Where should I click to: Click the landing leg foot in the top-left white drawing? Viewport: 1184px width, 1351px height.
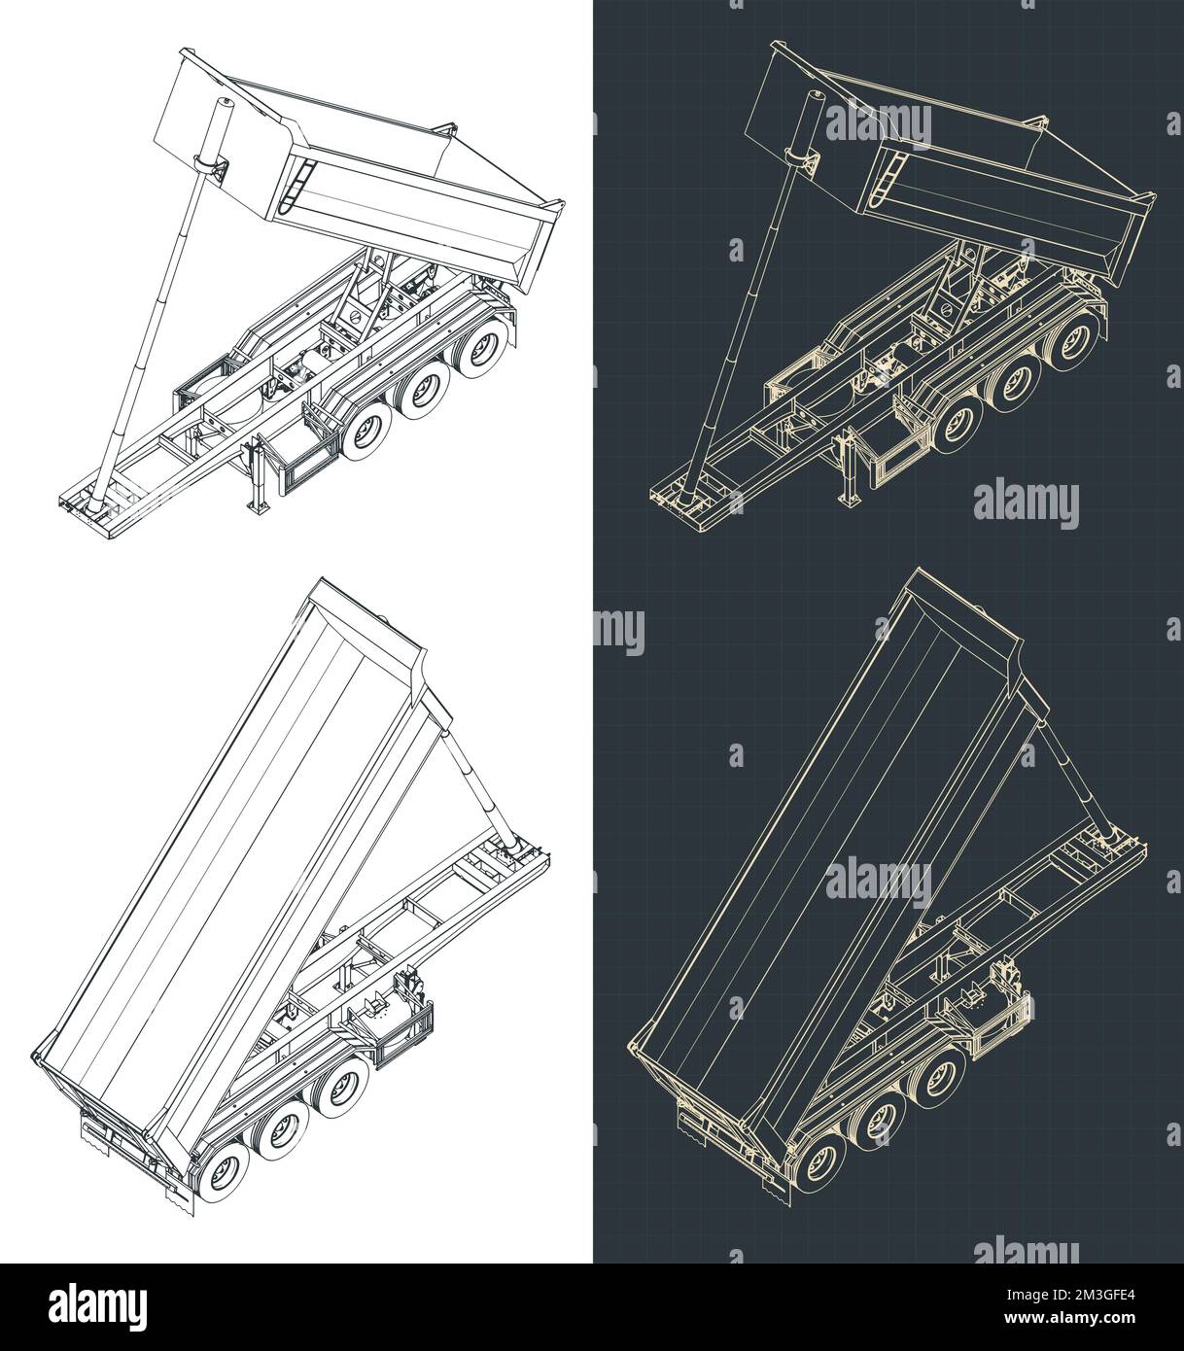[260, 506]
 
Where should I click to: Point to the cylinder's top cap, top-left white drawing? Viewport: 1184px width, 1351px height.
[226, 104]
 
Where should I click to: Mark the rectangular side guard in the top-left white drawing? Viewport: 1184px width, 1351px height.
[301, 458]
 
